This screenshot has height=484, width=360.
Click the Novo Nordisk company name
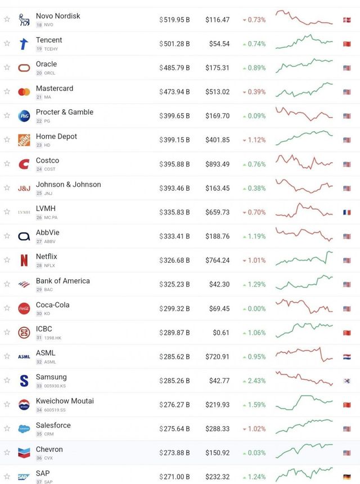point(58,16)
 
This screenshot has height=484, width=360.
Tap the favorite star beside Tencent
point(7,43)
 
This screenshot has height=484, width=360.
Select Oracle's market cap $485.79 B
point(174,68)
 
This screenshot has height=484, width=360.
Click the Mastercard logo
point(24,92)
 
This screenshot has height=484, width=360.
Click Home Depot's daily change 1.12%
point(256,140)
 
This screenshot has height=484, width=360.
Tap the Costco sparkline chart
point(304,162)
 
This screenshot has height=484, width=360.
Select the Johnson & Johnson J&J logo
point(24,188)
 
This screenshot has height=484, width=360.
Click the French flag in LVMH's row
point(346,212)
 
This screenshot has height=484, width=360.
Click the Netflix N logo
point(24,261)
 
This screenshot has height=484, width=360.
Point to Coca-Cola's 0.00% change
point(256,309)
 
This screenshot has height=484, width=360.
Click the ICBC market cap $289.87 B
point(174,333)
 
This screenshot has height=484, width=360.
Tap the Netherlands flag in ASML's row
point(346,357)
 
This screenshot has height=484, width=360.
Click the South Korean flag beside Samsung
point(346,381)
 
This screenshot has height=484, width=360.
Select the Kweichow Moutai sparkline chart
point(304,403)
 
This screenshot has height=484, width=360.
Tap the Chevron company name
point(49,449)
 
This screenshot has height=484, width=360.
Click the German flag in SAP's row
point(346,477)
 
